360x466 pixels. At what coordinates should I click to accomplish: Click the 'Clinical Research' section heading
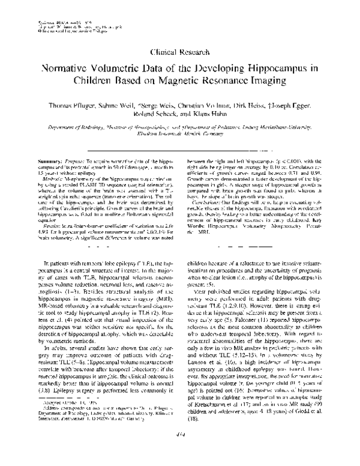tap(179, 53)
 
